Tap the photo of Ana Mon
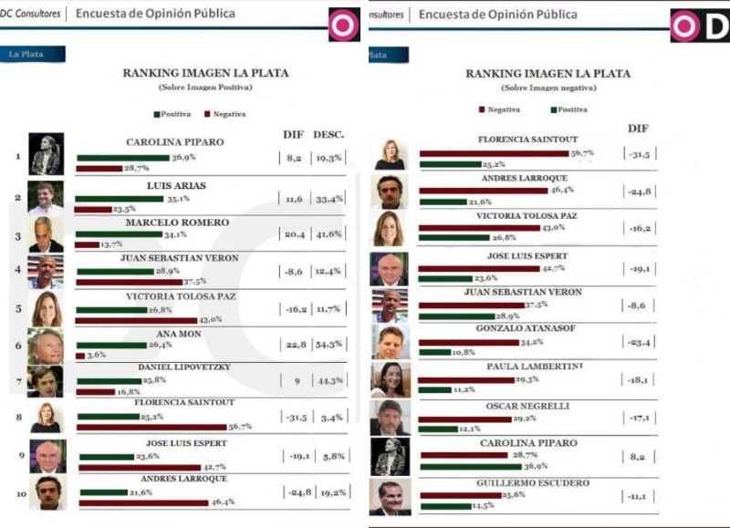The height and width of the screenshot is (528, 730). [x=46, y=347]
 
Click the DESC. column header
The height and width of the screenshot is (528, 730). [x=328, y=135]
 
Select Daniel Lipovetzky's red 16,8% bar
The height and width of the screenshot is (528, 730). [x=96, y=390]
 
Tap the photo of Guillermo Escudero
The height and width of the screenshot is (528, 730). [x=388, y=497]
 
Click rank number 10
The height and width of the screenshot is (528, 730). [x=17, y=492]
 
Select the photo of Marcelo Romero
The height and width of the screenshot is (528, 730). [x=46, y=234]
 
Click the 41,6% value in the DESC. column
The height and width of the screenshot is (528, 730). [x=329, y=234]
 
